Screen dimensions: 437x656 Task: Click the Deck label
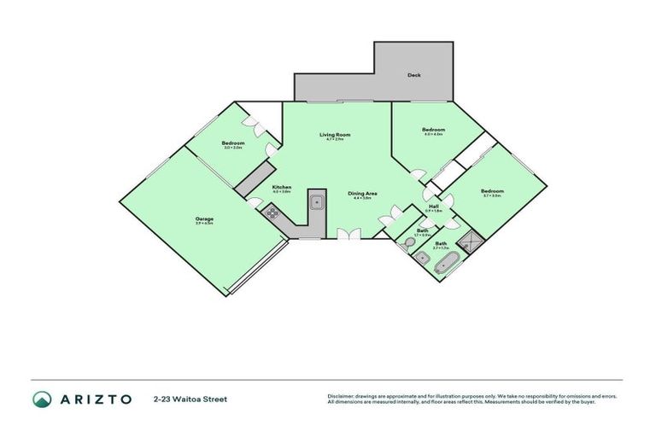pyautogui.click(x=413, y=75)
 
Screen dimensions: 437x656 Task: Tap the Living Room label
pyautogui.click(x=335, y=135)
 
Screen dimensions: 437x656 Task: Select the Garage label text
pyautogui.click(x=203, y=219)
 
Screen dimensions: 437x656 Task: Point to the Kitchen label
pyautogui.click(x=282, y=187)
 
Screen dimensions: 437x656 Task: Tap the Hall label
pyautogui.click(x=433, y=207)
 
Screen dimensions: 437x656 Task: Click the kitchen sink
pyautogui.click(x=316, y=203)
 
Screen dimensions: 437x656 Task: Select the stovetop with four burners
pyautogui.click(x=272, y=214)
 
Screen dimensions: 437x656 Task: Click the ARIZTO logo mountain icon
pyautogui.click(x=42, y=399)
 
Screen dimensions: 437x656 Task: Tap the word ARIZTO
pyautogui.click(x=96, y=399)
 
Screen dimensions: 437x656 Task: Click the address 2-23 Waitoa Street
pyautogui.click(x=190, y=399)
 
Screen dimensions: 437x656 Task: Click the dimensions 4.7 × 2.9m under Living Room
pyautogui.click(x=335, y=140)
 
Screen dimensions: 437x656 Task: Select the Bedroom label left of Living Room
pyautogui.click(x=233, y=143)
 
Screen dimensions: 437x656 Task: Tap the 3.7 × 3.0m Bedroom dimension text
pyautogui.click(x=491, y=196)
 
